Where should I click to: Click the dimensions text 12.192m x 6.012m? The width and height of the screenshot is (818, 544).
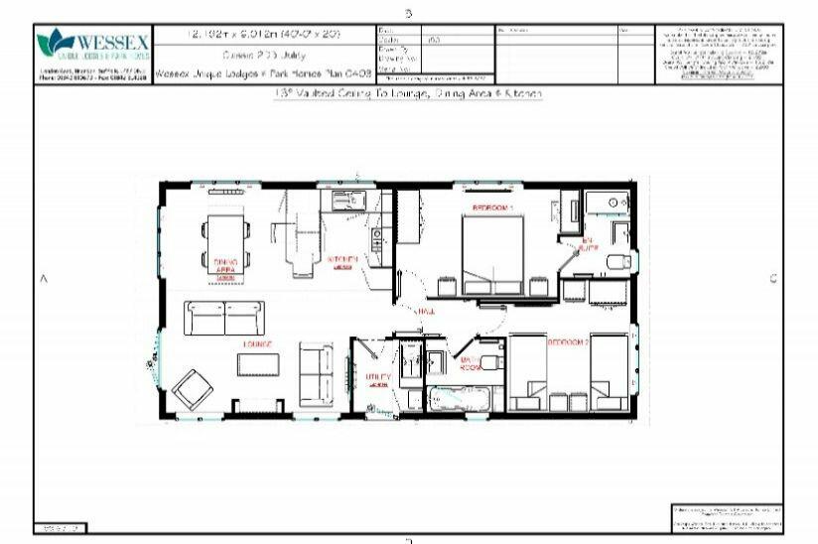(264, 34)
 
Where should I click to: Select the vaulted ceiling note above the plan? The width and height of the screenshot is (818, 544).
(408, 93)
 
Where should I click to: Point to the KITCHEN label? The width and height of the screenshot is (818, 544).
(342, 260)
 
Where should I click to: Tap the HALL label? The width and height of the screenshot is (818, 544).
(427, 311)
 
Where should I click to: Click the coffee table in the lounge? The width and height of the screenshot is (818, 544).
(258, 365)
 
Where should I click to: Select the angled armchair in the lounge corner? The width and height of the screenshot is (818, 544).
(192, 388)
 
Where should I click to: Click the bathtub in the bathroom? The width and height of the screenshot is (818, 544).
(459, 399)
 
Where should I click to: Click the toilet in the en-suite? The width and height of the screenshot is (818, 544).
(618, 261)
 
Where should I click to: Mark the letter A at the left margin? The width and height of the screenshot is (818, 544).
(44, 280)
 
